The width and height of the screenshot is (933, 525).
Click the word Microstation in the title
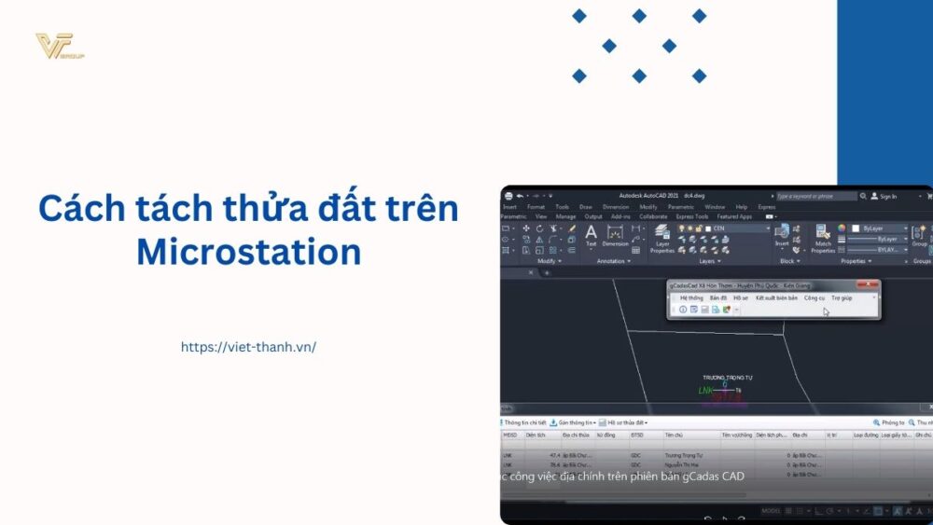pyautogui.click(x=248, y=252)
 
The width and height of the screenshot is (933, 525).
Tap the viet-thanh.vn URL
pyautogui.click(x=248, y=347)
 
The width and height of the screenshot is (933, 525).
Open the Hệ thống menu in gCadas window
pyautogui.click(x=691, y=297)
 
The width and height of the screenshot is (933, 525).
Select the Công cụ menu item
pyautogui.click(x=814, y=297)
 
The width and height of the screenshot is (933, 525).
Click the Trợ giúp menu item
pyautogui.click(x=842, y=297)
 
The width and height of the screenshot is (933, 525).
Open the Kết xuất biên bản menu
pyautogui.click(x=776, y=297)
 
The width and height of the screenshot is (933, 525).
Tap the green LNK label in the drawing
pyautogui.click(x=705, y=390)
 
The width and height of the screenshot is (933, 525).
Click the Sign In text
pyautogui.click(x=887, y=196)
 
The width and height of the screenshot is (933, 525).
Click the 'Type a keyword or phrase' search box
pyautogui.click(x=815, y=196)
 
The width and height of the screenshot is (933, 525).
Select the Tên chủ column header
pyautogui.click(x=674, y=435)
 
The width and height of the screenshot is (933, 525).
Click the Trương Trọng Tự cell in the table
pyautogui.click(x=682, y=455)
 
